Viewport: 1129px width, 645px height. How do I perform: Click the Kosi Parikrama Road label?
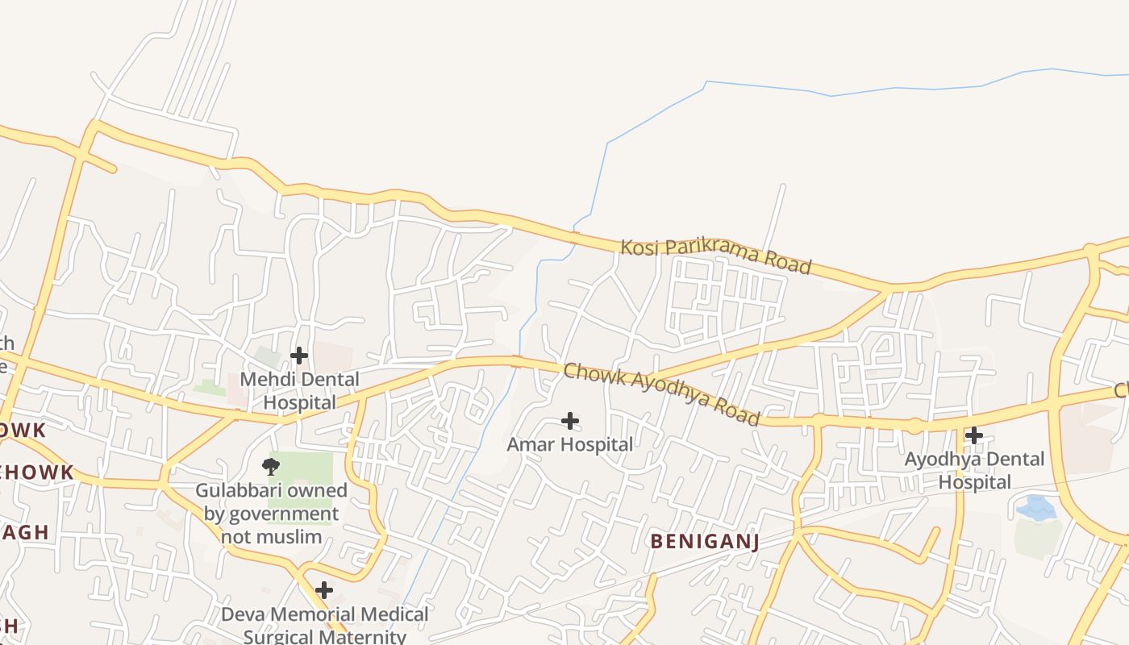pyautogui.click(x=715, y=256)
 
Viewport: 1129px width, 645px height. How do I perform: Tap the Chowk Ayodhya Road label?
pyautogui.click(x=661, y=393)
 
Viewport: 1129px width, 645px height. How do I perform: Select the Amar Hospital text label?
pyautogui.click(x=570, y=444)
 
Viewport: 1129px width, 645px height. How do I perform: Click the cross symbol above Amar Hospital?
pyautogui.click(x=570, y=421)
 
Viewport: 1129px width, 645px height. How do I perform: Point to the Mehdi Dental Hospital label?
pyautogui.click(x=300, y=390)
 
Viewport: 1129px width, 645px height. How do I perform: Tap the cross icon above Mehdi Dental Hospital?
pyautogui.click(x=299, y=356)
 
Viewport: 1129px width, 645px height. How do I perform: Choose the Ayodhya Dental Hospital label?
pyautogui.click(x=974, y=470)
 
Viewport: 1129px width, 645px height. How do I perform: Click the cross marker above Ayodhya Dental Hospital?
pyautogui.click(x=974, y=436)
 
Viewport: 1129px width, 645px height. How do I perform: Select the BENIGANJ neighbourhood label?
pyautogui.click(x=705, y=541)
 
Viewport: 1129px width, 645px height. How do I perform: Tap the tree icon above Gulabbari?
pyautogui.click(x=272, y=465)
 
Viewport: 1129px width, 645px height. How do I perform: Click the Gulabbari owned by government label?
pyautogui.click(x=271, y=514)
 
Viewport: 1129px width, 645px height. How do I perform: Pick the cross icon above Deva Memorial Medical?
pyautogui.click(x=323, y=591)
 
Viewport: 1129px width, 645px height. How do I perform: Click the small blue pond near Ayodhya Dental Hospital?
pyautogui.click(x=1036, y=508)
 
